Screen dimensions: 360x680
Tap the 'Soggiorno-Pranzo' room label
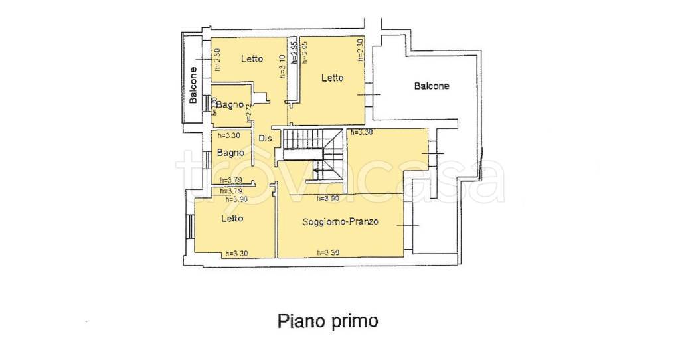pyautogui.click(x=340, y=222)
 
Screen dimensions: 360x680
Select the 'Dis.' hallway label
pyautogui.click(x=266, y=139)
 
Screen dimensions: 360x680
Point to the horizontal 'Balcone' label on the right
pyautogui.click(x=431, y=86)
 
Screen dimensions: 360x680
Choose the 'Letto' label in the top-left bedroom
pyautogui.click(x=252, y=58)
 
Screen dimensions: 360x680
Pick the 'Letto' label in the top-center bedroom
pyautogui.click(x=332, y=78)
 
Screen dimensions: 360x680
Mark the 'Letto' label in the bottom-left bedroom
pyautogui.click(x=232, y=218)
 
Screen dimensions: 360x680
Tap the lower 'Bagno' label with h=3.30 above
pyautogui.click(x=229, y=153)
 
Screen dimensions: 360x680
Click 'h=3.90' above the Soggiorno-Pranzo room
pyautogui.click(x=328, y=198)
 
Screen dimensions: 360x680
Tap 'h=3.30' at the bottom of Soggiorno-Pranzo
pyautogui.click(x=328, y=252)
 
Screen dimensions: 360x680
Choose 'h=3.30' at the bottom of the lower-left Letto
pyautogui.click(x=236, y=252)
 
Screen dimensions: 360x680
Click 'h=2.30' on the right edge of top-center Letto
pyautogui.click(x=360, y=50)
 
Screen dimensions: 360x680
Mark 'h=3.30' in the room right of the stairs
pyautogui.click(x=362, y=132)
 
